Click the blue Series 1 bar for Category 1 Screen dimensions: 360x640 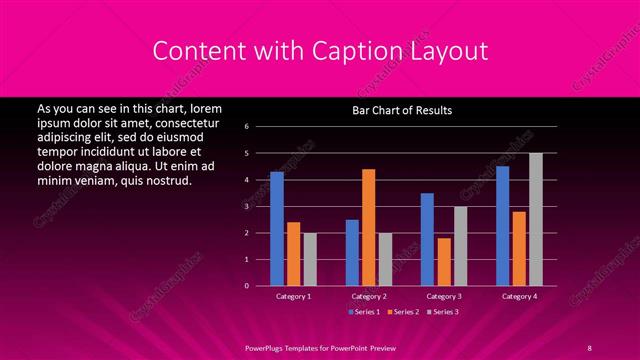coord(277,229)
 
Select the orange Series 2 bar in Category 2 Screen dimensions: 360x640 coord(368,227)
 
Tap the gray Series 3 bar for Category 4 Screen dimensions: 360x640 coord(536,219)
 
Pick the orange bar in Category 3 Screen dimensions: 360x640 coord(444,262)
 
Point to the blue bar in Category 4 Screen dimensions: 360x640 coord(502,226)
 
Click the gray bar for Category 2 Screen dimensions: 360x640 coord(385,259)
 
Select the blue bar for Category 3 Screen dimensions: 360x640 coord(427,239)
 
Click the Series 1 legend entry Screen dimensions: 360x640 coord(365,313)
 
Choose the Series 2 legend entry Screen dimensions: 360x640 coord(402,313)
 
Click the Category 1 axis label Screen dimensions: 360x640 coord(293,296)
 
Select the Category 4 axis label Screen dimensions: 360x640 coord(518,296)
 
